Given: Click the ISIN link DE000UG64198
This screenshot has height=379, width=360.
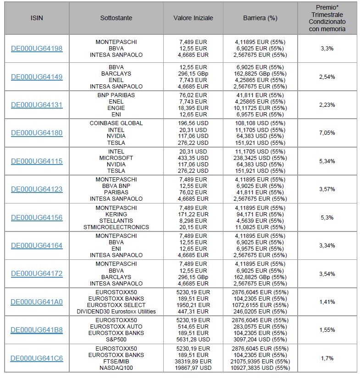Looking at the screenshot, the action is (37, 49).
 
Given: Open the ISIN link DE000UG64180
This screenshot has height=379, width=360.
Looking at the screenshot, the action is (37, 133).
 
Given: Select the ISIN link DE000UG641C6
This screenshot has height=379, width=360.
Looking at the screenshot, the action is (37, 358).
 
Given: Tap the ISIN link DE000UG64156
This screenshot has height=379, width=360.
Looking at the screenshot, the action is (37, 218).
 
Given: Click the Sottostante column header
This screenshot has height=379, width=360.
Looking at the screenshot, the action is (116, 18).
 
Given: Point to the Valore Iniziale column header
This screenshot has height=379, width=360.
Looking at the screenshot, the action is (193, 18).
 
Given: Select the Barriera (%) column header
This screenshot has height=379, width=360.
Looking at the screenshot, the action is (260, 18).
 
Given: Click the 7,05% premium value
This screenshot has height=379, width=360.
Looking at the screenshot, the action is (327, 133).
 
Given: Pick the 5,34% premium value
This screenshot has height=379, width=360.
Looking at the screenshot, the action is (327, 161).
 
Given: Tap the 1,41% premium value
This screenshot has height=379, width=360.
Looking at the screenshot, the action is (327, 302).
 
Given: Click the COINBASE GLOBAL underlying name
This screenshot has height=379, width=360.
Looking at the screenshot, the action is (116, 123).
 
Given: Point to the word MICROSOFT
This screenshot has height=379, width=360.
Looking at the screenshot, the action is (116, 158).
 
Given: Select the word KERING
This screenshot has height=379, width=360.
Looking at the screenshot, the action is (116, 214).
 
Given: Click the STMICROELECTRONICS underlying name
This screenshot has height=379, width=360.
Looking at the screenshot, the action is (116, 227).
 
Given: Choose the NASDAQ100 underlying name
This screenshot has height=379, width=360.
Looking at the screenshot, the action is (116, 368).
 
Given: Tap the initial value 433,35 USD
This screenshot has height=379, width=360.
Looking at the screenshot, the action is (193, 158).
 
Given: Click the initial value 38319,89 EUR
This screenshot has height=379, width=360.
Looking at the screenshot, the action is (193, 362).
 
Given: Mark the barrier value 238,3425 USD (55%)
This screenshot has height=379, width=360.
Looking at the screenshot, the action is (260, 158).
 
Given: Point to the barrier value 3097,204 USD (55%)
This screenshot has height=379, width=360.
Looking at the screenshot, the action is (260, 340).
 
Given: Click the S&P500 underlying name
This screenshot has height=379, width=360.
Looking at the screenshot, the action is (116, 340).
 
